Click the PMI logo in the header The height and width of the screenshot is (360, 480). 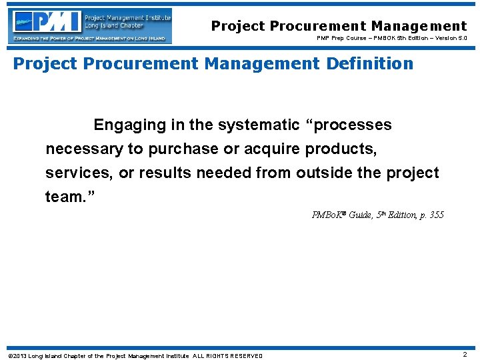coord(91,25)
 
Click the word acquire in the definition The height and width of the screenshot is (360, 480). coord(277,149)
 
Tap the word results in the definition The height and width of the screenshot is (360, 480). coord(165,173)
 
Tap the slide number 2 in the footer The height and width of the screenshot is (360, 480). coord(465,355)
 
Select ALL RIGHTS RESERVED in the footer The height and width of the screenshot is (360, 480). coord(227,355)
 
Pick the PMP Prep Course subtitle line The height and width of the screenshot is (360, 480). coord(391,39)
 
